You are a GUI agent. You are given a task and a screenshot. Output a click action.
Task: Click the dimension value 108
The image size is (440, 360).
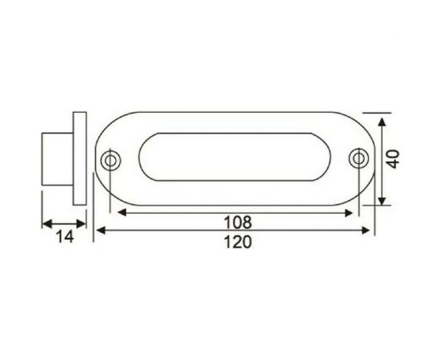pyautogui.click(x=236, y=222)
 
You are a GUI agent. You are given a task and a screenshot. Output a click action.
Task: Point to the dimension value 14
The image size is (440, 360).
pyautogui.click(x=63, y=237)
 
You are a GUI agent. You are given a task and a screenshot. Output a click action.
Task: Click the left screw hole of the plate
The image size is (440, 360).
pyautogui.click(x=110, y=161)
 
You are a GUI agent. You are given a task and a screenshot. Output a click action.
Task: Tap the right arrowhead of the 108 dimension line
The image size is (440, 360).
pyautogui.click(x=350, y=213)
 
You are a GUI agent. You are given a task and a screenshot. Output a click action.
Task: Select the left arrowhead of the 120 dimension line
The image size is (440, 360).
pyautogui.click(x=100, y=231)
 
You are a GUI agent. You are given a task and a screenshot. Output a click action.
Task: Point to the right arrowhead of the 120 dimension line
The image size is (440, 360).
pyautogui.click(x=368, y=231)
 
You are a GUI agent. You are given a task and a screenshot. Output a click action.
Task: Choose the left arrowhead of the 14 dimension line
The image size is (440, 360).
pyautogui.click(x=46, y=223)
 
